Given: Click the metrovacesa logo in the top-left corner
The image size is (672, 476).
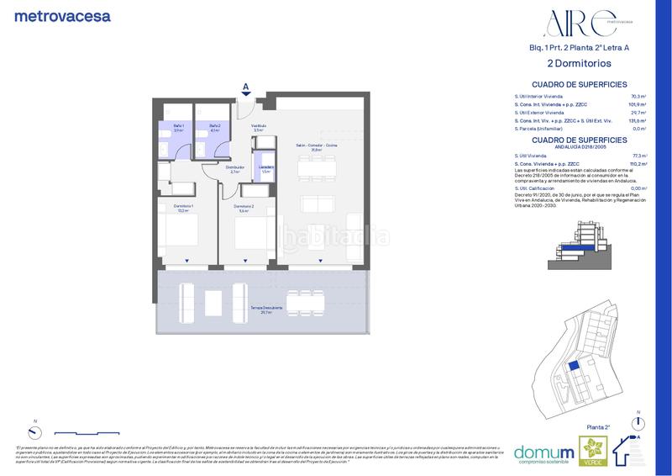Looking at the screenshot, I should tap(62, 15).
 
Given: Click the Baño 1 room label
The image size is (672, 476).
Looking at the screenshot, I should tap(178, 128).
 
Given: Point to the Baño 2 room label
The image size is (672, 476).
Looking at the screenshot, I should tap(213, 128).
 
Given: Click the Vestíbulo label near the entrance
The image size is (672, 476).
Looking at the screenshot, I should tap(259, 128).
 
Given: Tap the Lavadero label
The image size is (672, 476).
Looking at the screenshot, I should tap(265, 169).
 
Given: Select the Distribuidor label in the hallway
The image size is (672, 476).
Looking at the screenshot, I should tap(235, 169).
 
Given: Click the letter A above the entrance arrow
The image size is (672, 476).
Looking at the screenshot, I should tap(245, 86).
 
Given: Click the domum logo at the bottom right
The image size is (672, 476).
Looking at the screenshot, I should tap(543, 449).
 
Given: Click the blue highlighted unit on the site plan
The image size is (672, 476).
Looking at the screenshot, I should tap(573, 367).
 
